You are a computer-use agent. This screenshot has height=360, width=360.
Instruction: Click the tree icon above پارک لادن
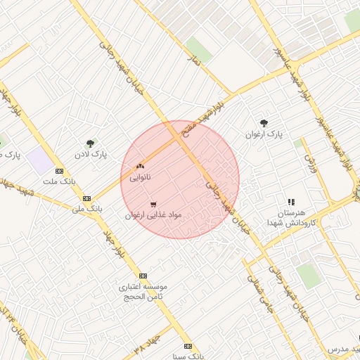click(x=90, y=143)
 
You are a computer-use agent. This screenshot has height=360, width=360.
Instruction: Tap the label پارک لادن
click(x=90, y=154)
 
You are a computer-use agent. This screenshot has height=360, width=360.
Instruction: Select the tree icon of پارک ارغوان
click(x=264, y=122)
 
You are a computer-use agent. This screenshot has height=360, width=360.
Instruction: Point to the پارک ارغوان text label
click(x=264, y=134)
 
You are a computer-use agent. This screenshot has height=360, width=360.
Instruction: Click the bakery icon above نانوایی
click(x=140, y=166)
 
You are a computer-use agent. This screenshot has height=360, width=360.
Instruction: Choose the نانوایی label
click(x=140, y=177)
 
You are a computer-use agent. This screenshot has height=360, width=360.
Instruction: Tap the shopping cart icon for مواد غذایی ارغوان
click(x=153, y=204)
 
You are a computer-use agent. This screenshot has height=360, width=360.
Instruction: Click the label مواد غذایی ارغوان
click(x=153, y=215)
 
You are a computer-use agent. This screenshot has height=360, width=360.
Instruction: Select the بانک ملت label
click(x=58, y=182)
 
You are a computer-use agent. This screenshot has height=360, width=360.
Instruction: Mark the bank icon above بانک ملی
click(x=86, y=198)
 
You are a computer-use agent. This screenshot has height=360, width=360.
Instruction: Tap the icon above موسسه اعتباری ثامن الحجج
click(x=143, y=276)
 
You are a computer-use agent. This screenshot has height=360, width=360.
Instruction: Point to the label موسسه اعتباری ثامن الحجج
click(x=143, y=292)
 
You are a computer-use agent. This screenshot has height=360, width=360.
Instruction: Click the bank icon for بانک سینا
click(x=188, y=346)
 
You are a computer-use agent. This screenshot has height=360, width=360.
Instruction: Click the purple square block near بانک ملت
click(x=41, y=161)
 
